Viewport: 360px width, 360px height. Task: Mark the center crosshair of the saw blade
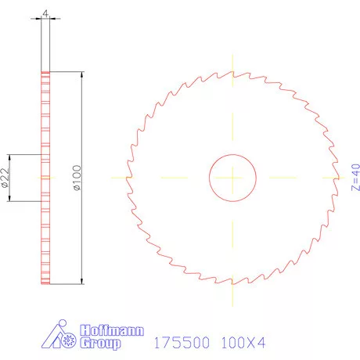pos(232,178)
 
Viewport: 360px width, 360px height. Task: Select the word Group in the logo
pos(102,344)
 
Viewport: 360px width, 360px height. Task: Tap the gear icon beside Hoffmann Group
pos(67,339)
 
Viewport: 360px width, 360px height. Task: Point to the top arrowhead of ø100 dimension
pos(82,75)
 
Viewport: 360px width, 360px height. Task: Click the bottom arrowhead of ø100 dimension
pos(82,279)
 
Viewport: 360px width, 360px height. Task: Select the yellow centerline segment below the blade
pos(232,293)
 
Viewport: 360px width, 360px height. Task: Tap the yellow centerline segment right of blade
pos(341,178)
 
